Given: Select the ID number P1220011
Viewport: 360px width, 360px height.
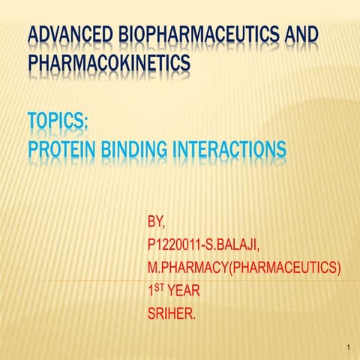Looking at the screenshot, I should (179, 246).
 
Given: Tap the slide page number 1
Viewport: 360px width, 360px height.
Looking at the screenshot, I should (350, 346).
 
